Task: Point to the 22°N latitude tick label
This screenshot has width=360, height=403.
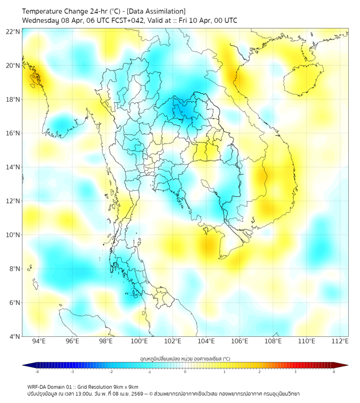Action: [x=13, y=31]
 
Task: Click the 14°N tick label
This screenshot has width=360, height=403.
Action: [x=13, y=167]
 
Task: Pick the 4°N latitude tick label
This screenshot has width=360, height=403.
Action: [x=14, y=336]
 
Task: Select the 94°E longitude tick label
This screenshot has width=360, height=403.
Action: [x=39, y=341]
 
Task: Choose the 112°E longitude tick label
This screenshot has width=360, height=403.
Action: [x=340, y=341]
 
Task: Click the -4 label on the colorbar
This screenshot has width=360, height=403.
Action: [x=36, y=372]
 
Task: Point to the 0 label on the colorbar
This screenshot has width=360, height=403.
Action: [x=185, y=372]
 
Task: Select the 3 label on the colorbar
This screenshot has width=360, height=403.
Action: [x=296, y=372]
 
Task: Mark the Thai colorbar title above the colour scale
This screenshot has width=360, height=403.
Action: [x=185, y=358]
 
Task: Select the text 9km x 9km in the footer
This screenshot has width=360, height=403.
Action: [x=126, y=386]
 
